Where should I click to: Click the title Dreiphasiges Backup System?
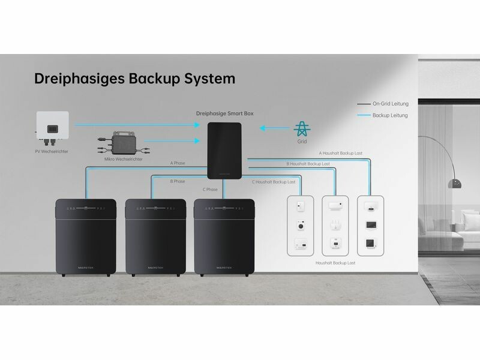click(x=135, y=79)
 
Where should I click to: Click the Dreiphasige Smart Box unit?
click(x=225, y=150)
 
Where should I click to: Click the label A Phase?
click(x=178, y=163)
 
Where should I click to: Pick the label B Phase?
click(x=178, y=181)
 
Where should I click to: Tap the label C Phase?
click(x=209, y=190)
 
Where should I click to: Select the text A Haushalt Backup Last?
click(x=340, y=154)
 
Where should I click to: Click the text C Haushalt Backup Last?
click(x=274, y=181)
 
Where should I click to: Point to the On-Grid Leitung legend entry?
click(x=390, y=104)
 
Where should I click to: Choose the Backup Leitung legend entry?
click(x=390, y=115)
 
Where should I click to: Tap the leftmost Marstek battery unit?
click(x=86, y=237)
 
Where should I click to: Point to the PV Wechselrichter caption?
click(x=52, y=152)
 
